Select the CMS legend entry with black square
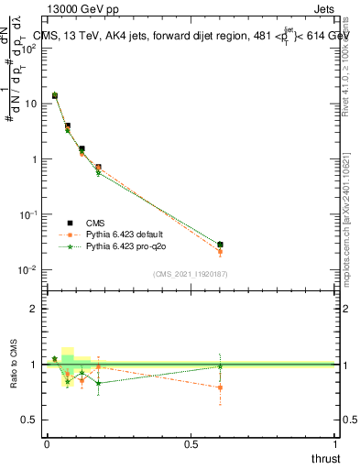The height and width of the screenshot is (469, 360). [96, 223]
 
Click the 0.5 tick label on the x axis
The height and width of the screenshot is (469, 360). [191, 443]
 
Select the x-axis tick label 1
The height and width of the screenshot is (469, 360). [336, 443]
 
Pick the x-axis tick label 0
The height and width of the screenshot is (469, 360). [47, 443]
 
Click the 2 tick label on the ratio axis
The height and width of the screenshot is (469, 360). [34, 309]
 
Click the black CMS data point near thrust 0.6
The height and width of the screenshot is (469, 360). [221, 245]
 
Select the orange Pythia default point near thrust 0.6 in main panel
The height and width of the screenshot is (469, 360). [221, 252]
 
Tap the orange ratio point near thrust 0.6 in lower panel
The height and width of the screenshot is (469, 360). [221, 387]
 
